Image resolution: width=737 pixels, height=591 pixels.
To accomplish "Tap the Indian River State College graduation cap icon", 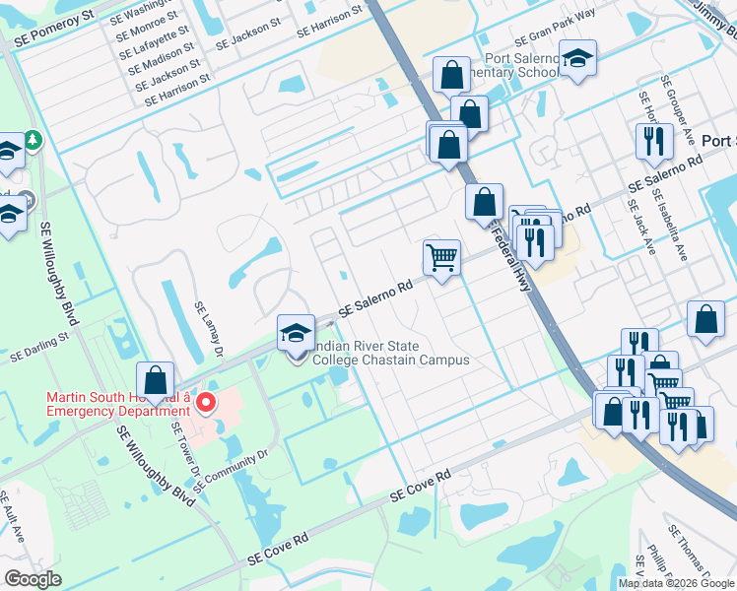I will (x=296, y=334).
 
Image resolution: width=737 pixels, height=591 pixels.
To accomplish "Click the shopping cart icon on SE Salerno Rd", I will (x=441, y=258).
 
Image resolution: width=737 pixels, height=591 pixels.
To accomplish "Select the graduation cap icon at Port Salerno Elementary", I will (x=577, y=56).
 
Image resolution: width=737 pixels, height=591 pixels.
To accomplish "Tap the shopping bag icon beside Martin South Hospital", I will (x=156, y=380).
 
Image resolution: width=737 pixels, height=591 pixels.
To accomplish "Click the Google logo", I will (x=33, y=578).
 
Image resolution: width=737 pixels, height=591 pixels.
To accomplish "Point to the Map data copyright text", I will (x=675, y=583).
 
